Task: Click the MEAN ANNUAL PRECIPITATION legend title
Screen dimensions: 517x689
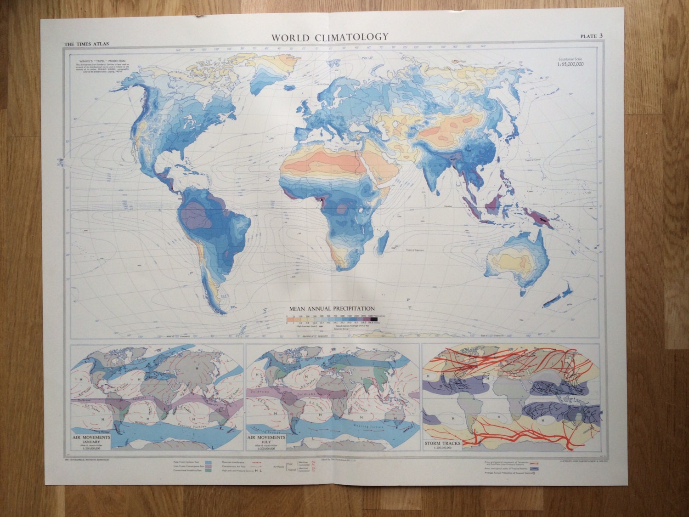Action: tap(331, 309)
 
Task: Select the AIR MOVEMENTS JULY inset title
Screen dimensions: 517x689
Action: tap(266, 440)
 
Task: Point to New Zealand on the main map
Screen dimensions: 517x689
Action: tap(558, 296)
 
